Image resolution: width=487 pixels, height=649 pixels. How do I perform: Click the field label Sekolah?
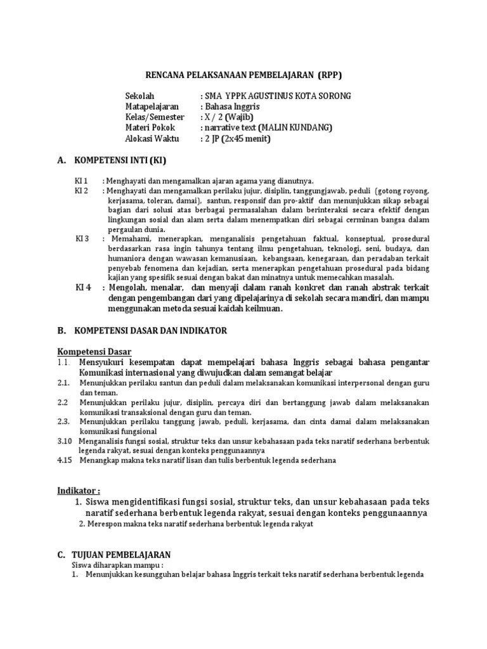pyautogui.click(x=140, y=96)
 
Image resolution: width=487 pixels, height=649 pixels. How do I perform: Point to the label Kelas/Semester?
pyautogui.click(x=155, y=117)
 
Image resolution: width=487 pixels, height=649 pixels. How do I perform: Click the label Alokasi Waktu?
pyautogui.click(x=152, y=138)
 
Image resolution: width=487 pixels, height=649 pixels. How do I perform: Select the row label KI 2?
pyautogui.click(x=82, y=191)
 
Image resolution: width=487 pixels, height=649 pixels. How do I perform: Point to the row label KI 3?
pyautogui.click(x=82, y=239)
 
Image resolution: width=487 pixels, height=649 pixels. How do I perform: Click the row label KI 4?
pyautogui.click(x=83, y=287)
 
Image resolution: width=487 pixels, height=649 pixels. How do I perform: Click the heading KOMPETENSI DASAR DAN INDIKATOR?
pyautogui.click(x=151, y=331)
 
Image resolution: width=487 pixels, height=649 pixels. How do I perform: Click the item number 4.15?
pyautogui.click(x=65, y=460)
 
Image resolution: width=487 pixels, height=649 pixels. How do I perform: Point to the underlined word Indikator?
pyautogui.click(x=79, y=491)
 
